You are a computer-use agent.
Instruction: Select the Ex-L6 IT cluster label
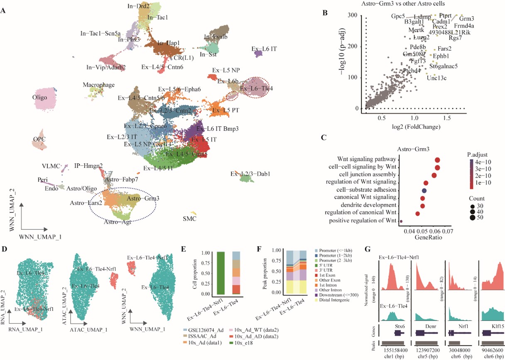[x=264, y=49]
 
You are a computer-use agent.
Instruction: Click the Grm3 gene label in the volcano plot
[x=467, y=18]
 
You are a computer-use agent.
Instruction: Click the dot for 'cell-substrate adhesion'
[x=424, y=191]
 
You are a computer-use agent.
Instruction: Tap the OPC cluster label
[x=39, y=138]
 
